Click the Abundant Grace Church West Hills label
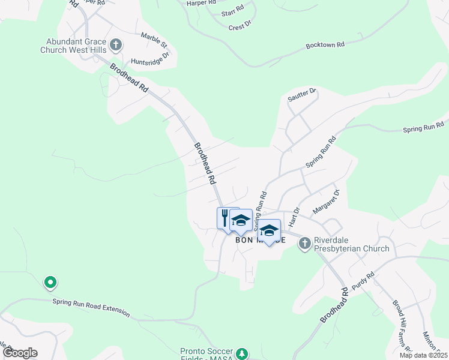click(x=73, y=46)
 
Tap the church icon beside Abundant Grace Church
click(x=116, y=44)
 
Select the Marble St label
click(x=154, y=40)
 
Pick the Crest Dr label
click(x=240, y=27)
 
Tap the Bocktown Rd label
click(x=325, y=45)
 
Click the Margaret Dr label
click(x=326, y=202)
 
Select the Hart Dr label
click(x=294, y=217)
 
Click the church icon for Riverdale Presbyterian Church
click(x=304, y=242)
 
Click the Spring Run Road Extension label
click(x=91, y=307)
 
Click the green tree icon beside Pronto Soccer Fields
click(x=242, y=354)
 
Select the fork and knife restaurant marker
click(x=224, y=217)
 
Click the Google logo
click(x=20, y=353)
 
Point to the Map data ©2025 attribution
click(x=423, y=355)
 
